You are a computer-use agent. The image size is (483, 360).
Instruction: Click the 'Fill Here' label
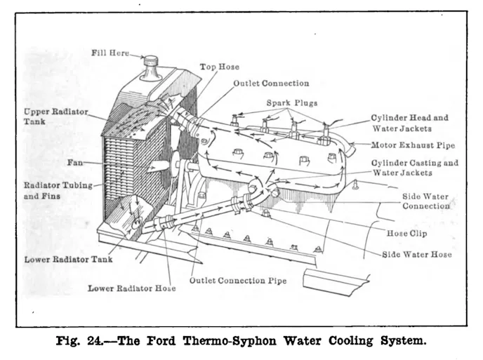tap(110, 53)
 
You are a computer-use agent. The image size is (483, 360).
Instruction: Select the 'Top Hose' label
tap(219, 67)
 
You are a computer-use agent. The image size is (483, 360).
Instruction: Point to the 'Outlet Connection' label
tap(271, 84)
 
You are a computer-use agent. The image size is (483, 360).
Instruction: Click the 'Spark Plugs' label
tap(291, 103)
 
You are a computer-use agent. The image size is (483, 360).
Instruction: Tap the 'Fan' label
tap(75, 162)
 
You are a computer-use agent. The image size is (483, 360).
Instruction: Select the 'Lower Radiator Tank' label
tap(68, 260)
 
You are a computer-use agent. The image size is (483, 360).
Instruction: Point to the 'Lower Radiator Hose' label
tap(131, 288)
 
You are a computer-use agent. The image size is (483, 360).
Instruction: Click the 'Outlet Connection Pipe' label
tap(237, 281)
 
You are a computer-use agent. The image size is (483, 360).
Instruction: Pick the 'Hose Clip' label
tap(407, 233)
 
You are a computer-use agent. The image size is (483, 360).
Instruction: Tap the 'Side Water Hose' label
tap(416, 254)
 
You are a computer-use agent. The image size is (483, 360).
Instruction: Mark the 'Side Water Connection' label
tap(425, 202)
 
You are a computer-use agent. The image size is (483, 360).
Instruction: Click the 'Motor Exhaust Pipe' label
tap(413, 145)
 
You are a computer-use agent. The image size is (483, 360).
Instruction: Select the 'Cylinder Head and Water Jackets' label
tap(410, 123)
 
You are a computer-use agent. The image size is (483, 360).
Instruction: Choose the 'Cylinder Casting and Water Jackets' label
tap(415, 168)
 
